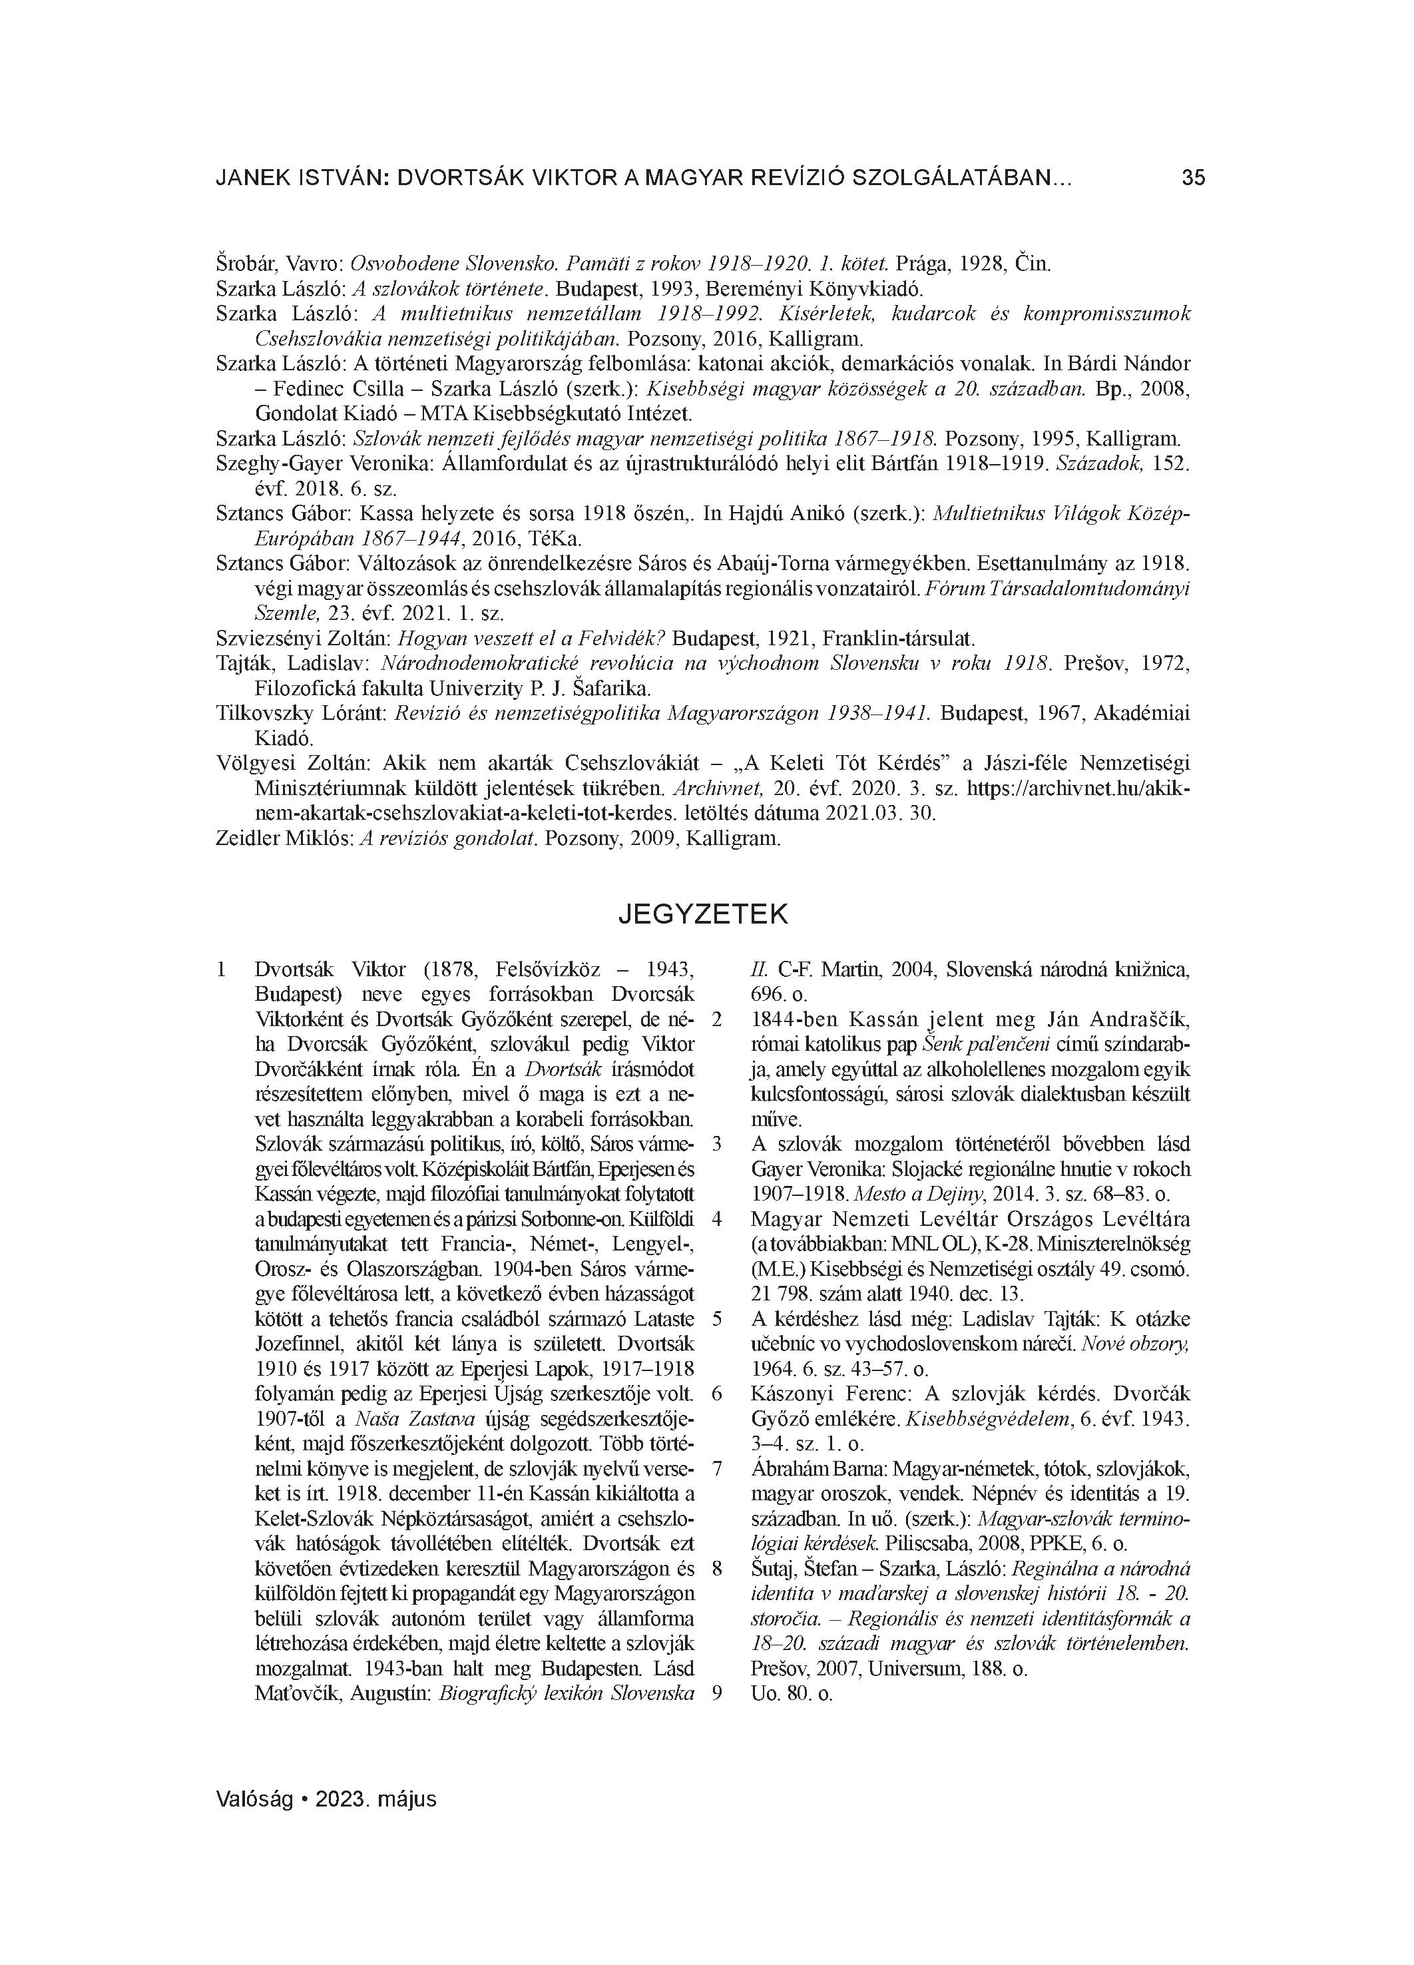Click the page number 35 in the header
pyautogui.click(x=1192, y=178)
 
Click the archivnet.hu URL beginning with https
pyautogui.click(x=1078, y=788)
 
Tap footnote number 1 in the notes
pyautogui.click(x=221, y=970)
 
